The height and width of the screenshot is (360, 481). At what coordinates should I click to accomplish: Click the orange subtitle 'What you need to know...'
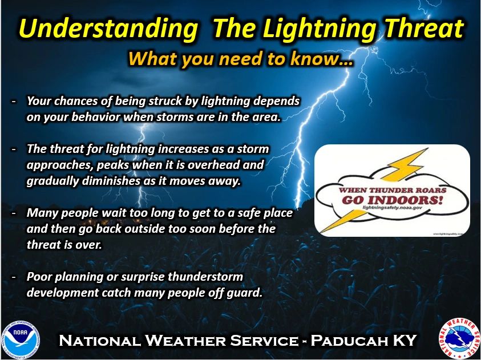click(x=240, y=58)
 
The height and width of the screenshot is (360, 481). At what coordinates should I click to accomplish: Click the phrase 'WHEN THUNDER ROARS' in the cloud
click(x=391, y=189)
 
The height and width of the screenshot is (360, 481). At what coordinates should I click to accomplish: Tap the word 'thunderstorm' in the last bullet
click(x=210, y=277)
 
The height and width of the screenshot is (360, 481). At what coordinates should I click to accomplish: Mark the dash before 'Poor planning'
click(x=13, y=277)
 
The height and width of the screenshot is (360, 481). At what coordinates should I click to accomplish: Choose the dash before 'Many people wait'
click(x=13, y=213)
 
